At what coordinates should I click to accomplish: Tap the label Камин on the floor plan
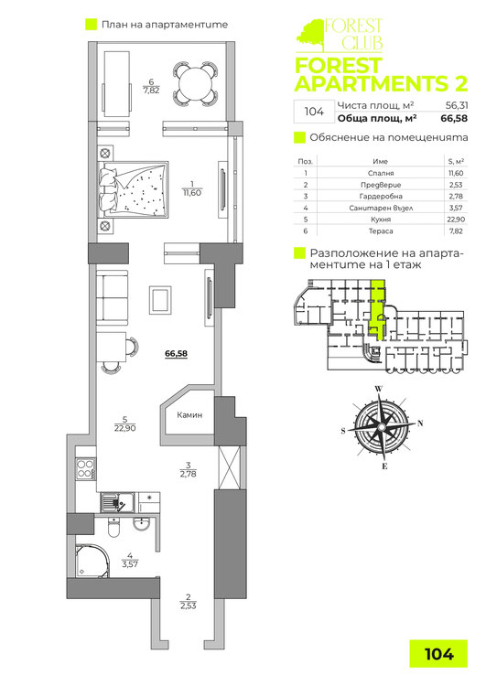tap(189, 416)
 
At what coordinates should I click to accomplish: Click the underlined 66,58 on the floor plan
tap(176, 350)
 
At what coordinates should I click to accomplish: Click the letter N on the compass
tap(420, 423)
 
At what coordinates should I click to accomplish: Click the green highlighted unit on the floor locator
tap(378, 311)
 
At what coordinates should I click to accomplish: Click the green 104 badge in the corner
tap(440, 653)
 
